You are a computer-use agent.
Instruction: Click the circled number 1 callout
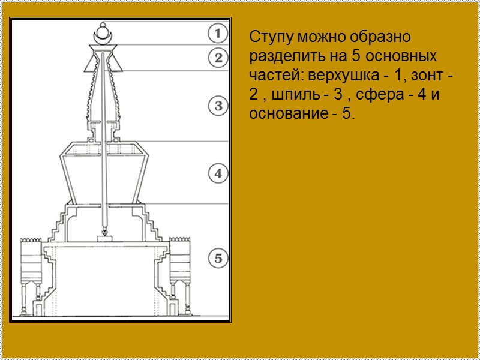[x=218, y=32]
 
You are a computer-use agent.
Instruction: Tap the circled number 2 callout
[x=218, y=58]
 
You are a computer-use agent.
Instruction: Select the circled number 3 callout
[x=218, y=107]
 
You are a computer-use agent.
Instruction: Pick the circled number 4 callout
[x=218, y=174]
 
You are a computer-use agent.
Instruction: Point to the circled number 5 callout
[x=218, y=259]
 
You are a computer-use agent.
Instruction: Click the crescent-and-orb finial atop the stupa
[x=103, y=34]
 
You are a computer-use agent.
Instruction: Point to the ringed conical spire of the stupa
[x=104, y=90]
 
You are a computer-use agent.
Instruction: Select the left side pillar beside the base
[x=29, y=270]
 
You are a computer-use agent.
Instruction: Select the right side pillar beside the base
[x=179, y=270]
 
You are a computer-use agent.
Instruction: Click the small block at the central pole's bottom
[x=104, y=238]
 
